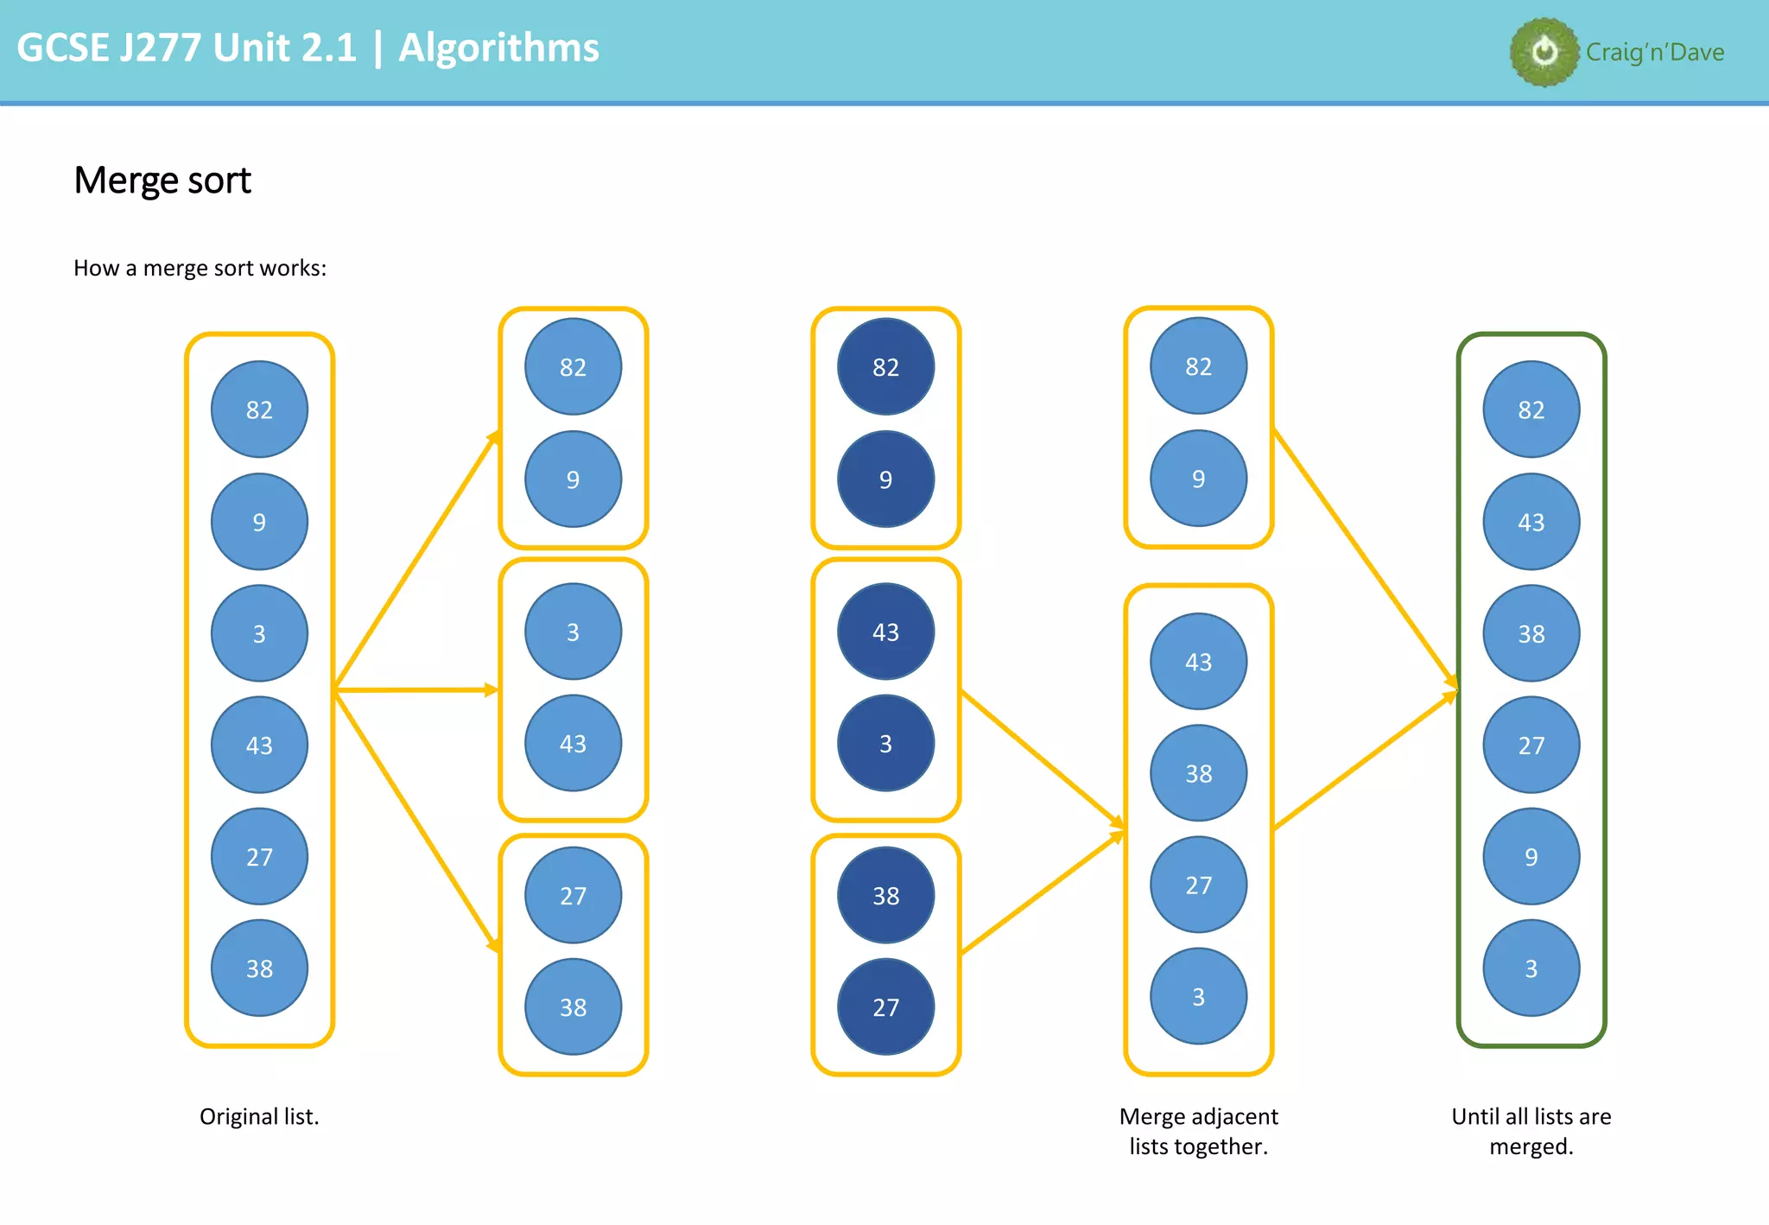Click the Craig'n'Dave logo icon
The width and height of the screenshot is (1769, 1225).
[1544, 52]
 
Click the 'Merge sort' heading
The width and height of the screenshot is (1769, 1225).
[162, 180]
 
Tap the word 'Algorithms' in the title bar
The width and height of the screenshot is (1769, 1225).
[498, 48]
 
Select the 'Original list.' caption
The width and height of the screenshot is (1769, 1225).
[259, 1116]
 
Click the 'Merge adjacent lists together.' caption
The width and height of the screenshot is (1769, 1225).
[1198, 1131]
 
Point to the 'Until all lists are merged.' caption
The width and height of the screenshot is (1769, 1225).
[1531, 1131]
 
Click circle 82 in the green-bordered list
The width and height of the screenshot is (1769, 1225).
[1531, 409]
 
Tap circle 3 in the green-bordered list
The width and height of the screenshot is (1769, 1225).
[1531, 968]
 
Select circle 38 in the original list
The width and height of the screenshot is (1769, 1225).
[259, 968]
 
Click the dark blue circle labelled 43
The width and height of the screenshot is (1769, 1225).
[885, 632]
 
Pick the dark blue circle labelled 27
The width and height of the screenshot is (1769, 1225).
[885, 1007]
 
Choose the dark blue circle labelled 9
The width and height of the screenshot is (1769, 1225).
[885, 479]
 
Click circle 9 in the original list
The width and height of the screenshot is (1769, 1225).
[259, 522]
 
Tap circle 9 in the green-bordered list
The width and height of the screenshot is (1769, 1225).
[1531, 857]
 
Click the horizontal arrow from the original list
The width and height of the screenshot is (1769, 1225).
[415, 689]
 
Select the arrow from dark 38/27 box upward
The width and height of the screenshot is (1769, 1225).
[1041, 892]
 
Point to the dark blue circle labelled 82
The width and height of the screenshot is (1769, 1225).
[885, 367]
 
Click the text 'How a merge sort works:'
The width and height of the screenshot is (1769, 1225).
[200, 268]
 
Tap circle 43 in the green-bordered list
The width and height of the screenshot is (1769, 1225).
[1531, 522]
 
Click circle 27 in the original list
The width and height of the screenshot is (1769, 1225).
[259, 857]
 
